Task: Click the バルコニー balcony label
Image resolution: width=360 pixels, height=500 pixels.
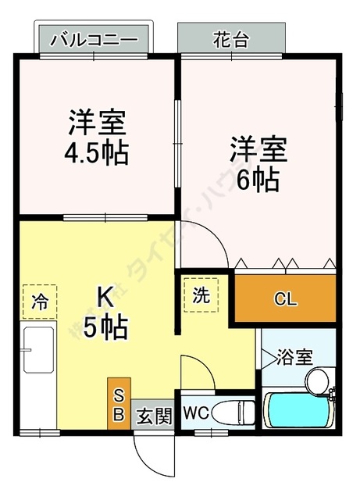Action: tap(93, 39)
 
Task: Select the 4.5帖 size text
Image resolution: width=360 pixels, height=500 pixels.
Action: tap(97, 150)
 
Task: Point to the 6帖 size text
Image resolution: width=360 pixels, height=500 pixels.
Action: tap(258, 180)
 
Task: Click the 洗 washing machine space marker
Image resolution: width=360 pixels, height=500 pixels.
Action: tap(201, 295)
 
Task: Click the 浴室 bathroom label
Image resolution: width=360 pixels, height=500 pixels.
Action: tap(296, 356)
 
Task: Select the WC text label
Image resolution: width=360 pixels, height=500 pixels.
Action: tap(194, 411)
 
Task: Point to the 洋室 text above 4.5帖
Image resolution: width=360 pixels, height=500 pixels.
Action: tap(97, 123)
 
